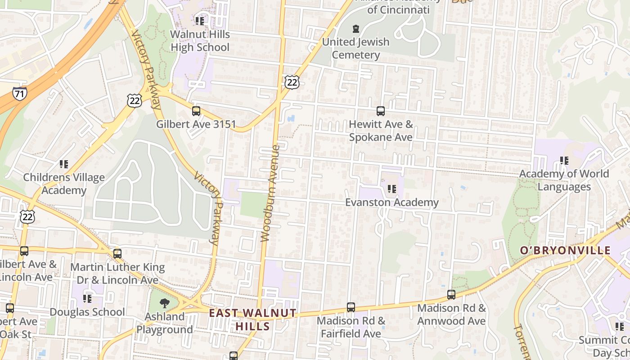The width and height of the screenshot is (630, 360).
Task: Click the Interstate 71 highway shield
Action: click(19, 94)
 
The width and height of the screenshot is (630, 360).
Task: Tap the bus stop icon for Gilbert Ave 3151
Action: click(196, 111)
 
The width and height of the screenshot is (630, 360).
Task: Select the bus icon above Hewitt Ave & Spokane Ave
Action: click(381, 111)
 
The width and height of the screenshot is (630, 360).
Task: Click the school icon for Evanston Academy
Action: click(392, 189)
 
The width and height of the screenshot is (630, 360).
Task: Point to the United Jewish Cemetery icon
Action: click(356, 29)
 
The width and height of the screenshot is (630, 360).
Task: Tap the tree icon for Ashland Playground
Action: click(165, 303)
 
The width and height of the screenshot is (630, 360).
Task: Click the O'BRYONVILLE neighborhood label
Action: click(565, 250)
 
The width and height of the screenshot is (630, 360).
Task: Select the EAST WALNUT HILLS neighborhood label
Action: click(252, 319)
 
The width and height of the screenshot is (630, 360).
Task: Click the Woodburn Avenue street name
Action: click(270, 193)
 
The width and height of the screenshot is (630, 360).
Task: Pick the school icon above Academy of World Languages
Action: click(564, 160)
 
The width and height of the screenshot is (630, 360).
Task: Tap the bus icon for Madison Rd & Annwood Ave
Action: click(451, 295)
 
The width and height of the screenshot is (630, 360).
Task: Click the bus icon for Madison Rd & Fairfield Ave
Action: click(351, 307)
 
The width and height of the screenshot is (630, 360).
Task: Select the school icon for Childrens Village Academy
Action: click(64, 164)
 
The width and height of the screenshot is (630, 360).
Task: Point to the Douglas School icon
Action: click(87, 298)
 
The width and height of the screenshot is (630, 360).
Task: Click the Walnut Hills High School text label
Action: click(200, 40)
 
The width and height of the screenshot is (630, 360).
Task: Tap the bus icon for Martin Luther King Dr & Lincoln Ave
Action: click(117, 254)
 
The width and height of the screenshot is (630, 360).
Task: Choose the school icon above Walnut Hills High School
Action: click(200, 21)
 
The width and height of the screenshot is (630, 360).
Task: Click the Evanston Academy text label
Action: click(391, 202)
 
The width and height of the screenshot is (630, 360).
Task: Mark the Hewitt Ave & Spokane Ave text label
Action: click(381, 130)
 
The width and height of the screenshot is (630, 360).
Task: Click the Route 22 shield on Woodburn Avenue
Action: click(292, 81)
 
